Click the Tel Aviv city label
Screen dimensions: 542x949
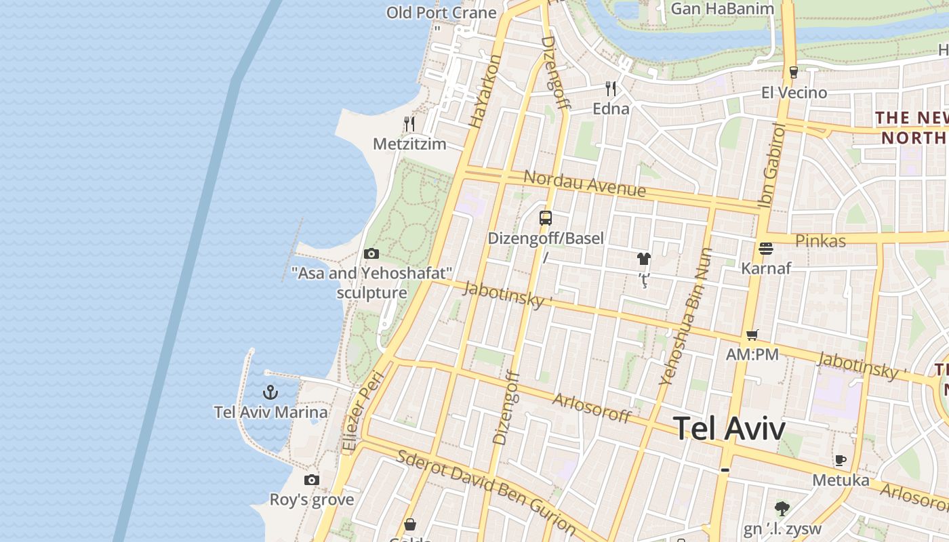coord(729,429)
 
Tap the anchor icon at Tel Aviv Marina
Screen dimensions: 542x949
coord(270,392)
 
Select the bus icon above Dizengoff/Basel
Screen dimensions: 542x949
coord(546,218)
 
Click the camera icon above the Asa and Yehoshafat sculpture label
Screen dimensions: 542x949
coord(371,254)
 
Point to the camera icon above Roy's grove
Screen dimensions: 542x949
coord(312,480)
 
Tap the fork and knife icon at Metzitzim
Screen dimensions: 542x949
coord(409,124)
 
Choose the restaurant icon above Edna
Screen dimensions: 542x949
coord(611,89)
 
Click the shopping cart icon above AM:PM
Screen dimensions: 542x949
coord(752,335)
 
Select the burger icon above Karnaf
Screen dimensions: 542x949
coord(766,249)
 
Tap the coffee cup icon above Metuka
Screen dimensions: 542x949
coord(841,461)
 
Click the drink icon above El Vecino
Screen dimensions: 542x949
coord(794,72)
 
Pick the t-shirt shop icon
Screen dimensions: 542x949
coord(643,259)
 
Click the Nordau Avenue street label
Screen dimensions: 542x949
coord(584,183)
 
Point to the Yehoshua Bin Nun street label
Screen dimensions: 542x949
coord(686,317)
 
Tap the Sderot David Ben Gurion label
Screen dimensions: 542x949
coord(487,492)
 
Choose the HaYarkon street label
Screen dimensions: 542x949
coord(485,91)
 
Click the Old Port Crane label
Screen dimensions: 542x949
coord(441,12)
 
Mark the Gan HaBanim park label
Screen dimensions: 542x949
coord(722,9)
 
